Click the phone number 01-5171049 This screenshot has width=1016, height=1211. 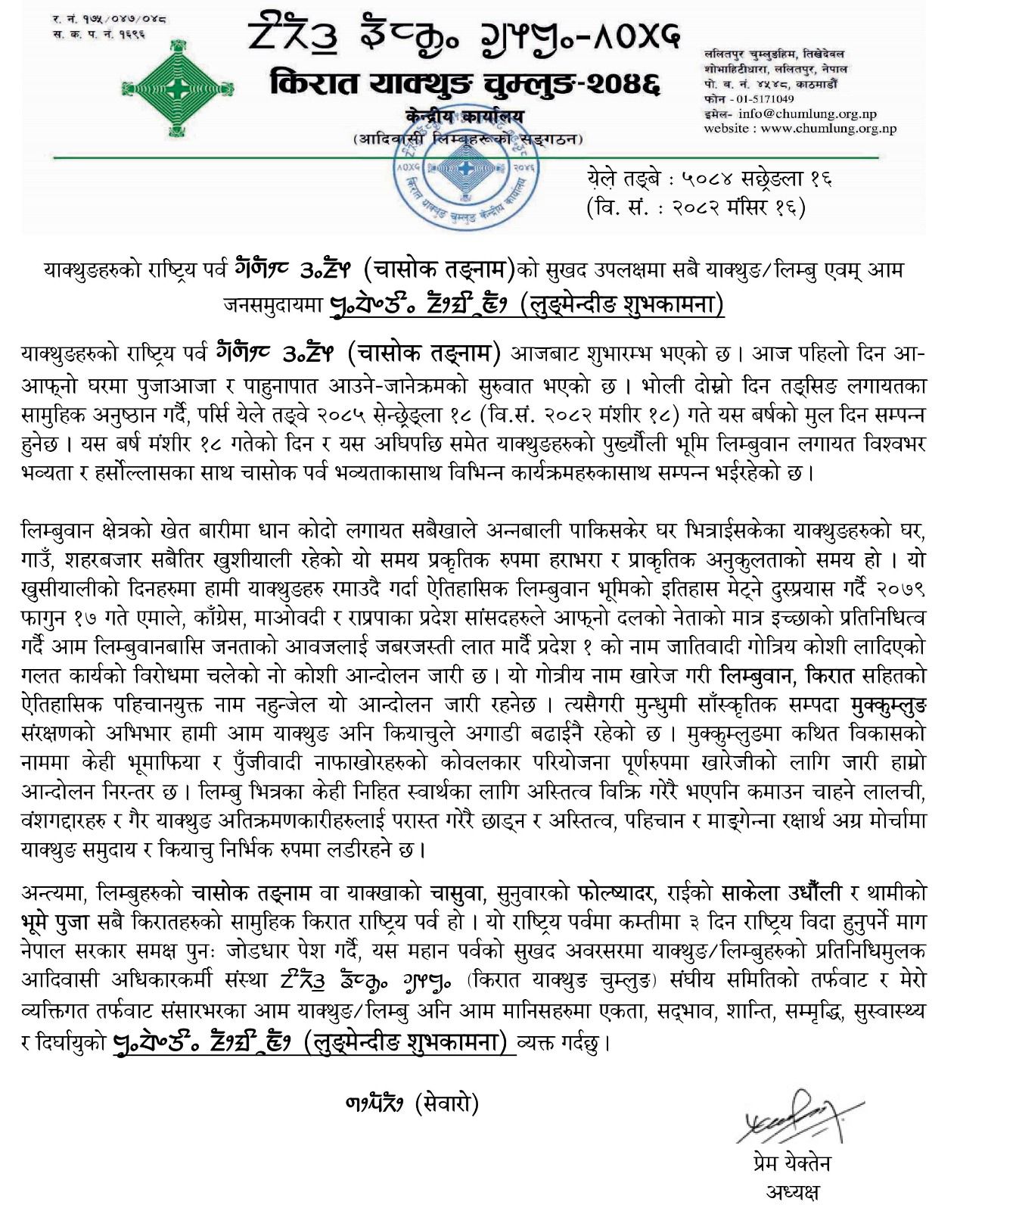766,98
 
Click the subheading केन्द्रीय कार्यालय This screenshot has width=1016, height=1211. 464,118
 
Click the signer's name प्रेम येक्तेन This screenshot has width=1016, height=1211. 787,1163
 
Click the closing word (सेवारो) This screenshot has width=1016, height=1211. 446,1104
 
